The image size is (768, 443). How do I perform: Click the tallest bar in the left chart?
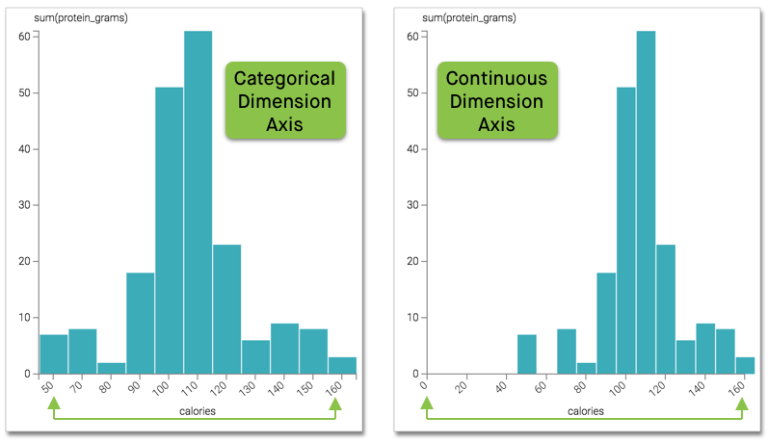click(x=198, y=202)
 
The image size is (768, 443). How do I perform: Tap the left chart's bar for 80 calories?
click(x=111, y=368)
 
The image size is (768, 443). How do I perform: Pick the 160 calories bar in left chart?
click(x=342, y=366)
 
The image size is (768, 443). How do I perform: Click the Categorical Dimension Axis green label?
click(x=285, y=101)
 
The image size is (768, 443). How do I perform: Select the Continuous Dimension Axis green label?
click(x=496, y=100)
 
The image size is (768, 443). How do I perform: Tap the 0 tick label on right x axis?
click(x=424, y=387)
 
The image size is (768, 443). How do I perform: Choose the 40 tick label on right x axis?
click(x=501, y=388)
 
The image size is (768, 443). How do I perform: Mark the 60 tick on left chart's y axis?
click(x=24, y=37)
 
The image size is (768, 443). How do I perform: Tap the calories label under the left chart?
click(x=197, y=411)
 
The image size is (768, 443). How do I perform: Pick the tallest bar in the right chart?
click(x=646, y=202)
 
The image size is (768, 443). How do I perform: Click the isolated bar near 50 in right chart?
click(x=526, y=354)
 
